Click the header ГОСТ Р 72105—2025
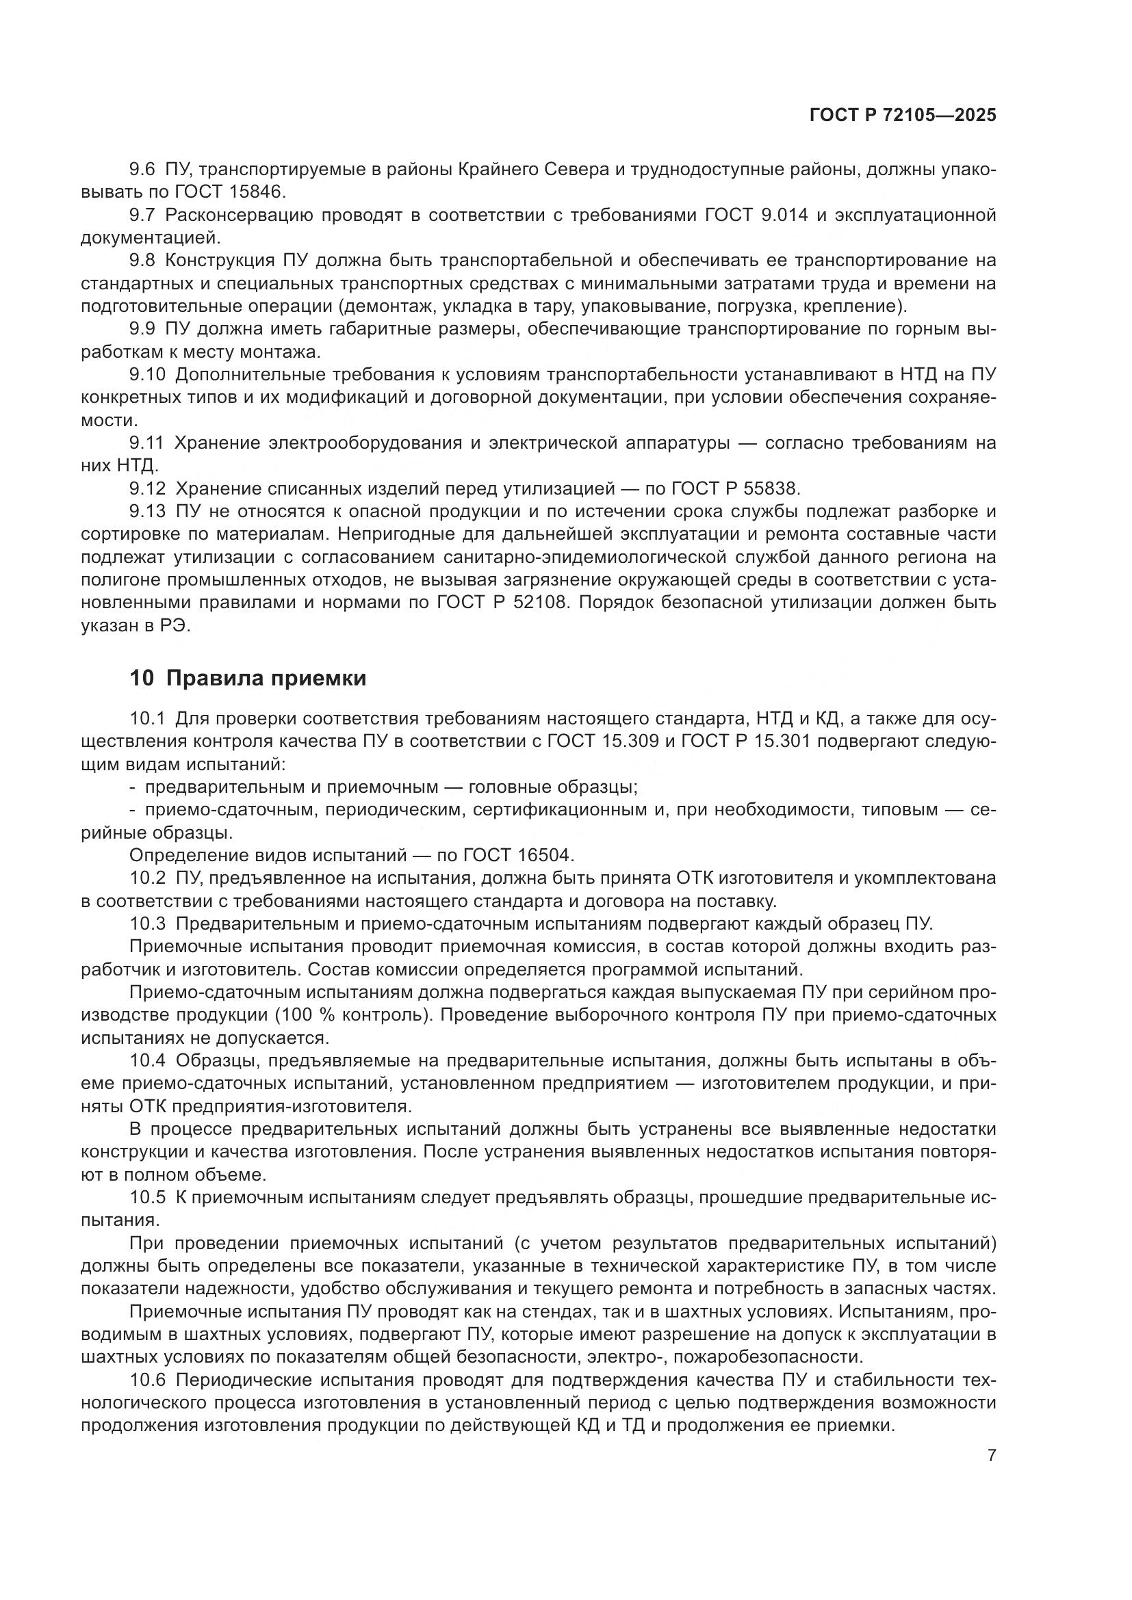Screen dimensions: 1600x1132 (x=902, y=116)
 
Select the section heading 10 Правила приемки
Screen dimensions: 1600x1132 (x=248, y=678)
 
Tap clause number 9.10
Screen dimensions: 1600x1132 (x=147, y=375)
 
